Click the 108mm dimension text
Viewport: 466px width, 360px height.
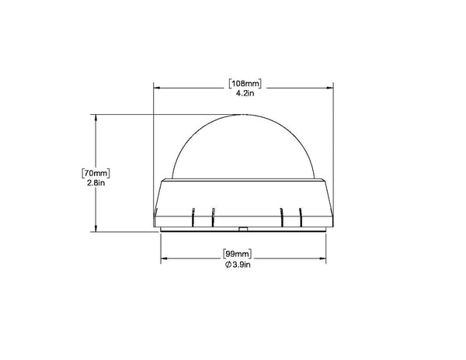click(x=245, y=84)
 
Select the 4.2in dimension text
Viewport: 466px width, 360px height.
click(x=245, y=93)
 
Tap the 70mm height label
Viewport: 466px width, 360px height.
click(x=96, y=173)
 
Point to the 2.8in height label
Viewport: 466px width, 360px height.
click(x=96, y=183)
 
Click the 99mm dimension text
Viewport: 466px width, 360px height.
click(x=237, y=254)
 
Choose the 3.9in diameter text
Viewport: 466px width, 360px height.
click(x=242, y=265)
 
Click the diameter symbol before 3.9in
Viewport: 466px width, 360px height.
click(x=228, y=265)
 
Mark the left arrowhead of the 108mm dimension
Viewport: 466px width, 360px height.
click(x=157, y=88)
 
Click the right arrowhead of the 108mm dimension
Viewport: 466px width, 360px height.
click(x=329, y=88)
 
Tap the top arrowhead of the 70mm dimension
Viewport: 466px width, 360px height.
click(x=96, y=118)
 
